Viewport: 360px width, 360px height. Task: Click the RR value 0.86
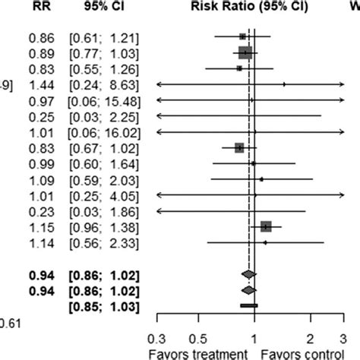tap(43, 36)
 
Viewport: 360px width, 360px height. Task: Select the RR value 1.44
tap(43, 84)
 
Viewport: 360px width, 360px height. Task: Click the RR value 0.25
tap(43, 116)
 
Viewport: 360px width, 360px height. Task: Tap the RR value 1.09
tap(43, 179)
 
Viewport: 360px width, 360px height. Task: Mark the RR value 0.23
tap(43, 211)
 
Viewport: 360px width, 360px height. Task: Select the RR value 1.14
tap(43, 243)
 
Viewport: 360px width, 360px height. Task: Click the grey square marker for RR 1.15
tap(265, 226)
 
